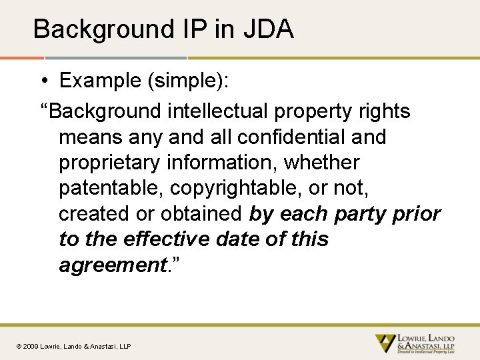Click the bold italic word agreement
(x=111, y=265)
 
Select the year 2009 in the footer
(x=31, y=346)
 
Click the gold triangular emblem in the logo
(x=385, y=343)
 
